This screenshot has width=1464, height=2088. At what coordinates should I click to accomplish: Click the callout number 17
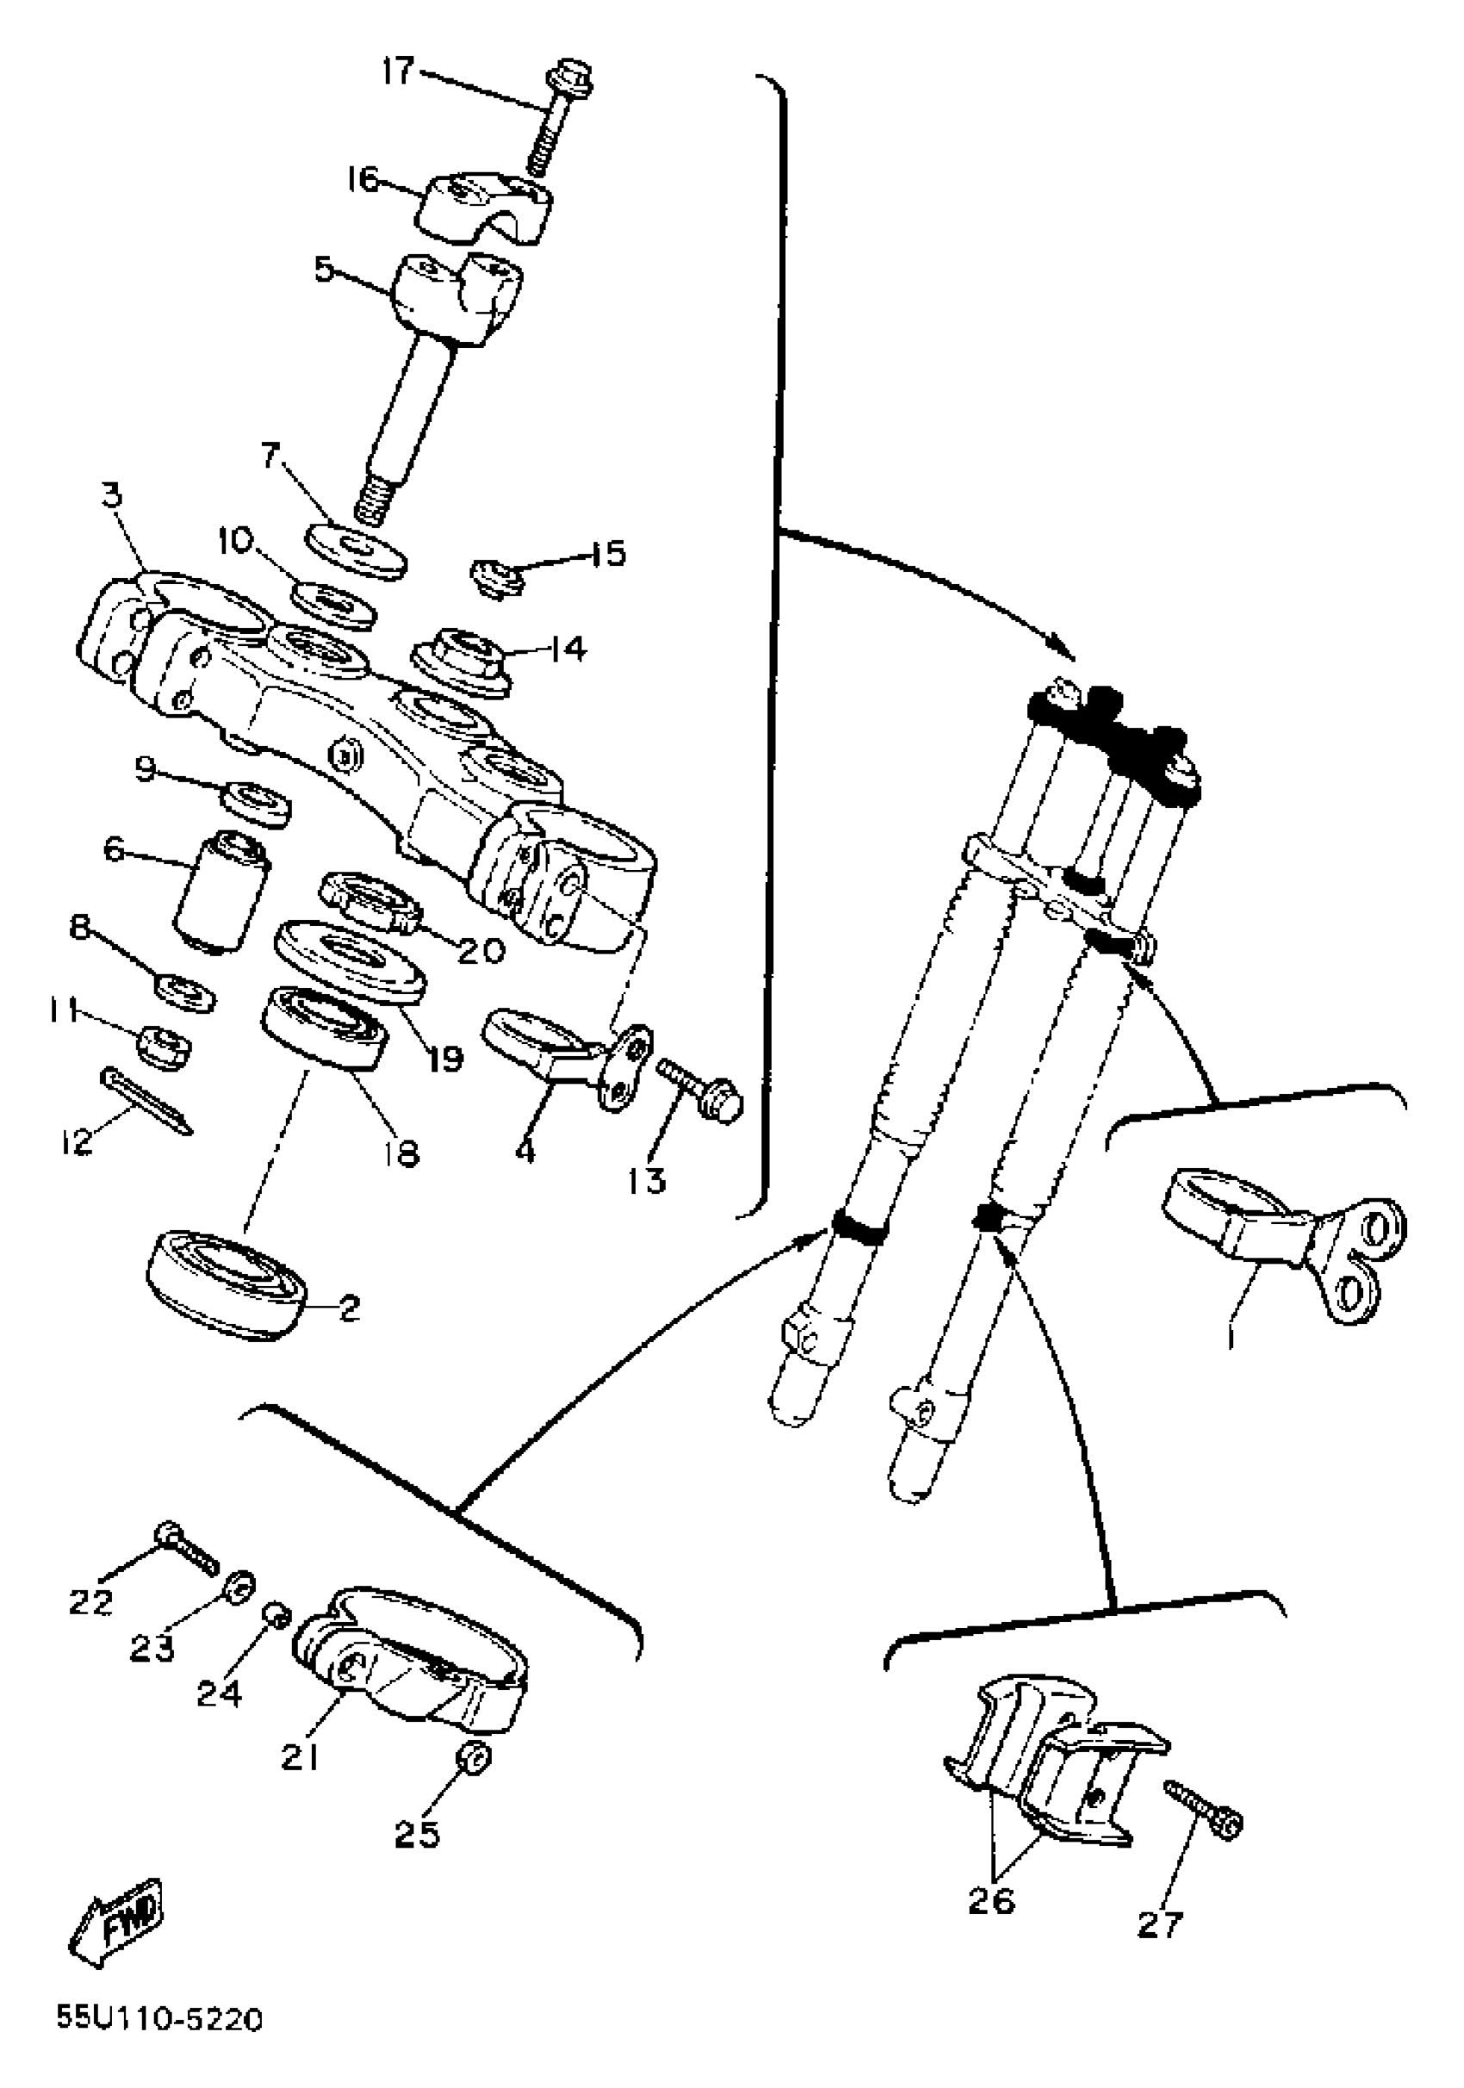coord(397,70)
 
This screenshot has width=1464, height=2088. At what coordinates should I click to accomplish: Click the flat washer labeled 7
coord(357,549)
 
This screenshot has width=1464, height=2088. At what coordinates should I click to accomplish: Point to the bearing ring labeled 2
coord(227,1284)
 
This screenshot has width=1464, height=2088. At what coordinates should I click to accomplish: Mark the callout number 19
coord(445,1058)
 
